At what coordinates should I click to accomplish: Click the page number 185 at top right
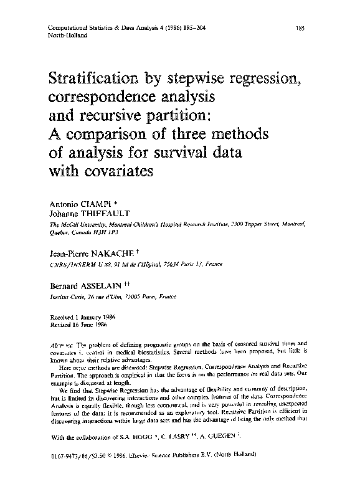[x=300, y=29]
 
